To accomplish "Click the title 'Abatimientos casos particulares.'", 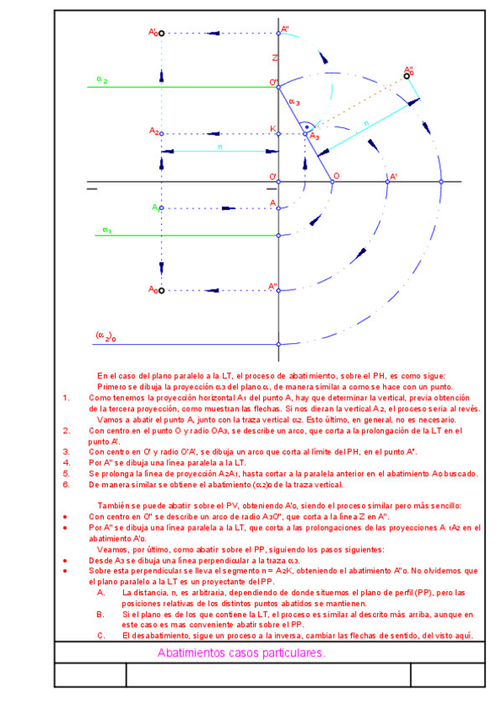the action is tap(241, 653).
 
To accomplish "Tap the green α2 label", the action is tap(101, 80).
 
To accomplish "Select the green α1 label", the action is tap(107, 229).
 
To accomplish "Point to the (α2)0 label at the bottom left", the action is tap(106, 336).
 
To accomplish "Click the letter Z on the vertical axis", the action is tap(273, 58).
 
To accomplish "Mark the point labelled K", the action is tap(273, 129).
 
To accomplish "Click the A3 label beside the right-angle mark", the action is tap(314, 136).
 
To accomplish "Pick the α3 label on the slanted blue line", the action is tap(294, 102).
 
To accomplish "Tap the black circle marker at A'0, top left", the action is tap(161, 33).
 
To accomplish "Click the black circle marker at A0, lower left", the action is tap(161, 291).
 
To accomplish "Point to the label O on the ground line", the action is tap(336, 175).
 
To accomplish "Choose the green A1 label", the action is tap(155, 206).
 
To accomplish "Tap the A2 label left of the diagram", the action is tap(154, 131).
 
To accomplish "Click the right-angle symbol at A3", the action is tap(308, 126).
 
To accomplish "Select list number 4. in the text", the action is tap(67, 461).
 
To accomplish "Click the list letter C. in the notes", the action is tap(101, 635).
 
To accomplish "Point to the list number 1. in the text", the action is tap(67, 398).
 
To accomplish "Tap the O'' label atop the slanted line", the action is tap(273, 82).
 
